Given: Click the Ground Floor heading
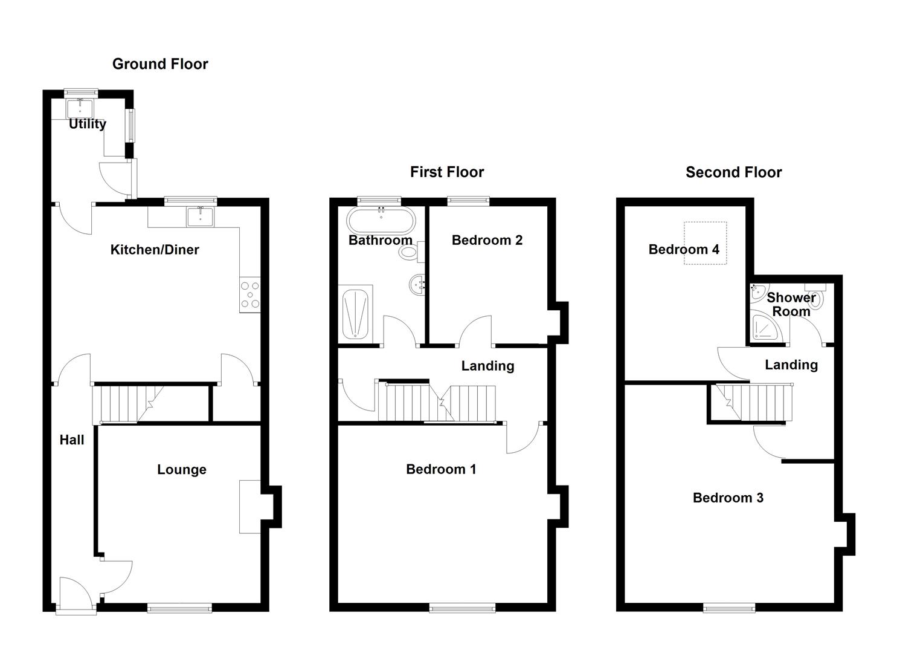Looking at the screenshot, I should (x=160, y=64).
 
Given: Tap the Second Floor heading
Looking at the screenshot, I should (x=733, y=172).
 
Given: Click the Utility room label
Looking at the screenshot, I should (x=88, y=124).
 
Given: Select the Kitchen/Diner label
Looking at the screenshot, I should (x=155, y=250).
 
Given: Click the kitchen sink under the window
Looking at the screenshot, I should (x=199, y=216).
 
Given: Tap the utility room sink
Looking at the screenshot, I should (x=80, y=108).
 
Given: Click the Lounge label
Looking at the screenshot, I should (x=182, y=470).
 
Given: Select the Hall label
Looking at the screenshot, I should (x=72, y=440).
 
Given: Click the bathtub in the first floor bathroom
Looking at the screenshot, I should (x=381, y=221).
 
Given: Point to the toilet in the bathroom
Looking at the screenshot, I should (x=409, y=252).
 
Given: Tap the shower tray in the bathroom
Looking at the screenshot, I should (x=355, y=314).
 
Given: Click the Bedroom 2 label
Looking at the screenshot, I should (x=487, y=240).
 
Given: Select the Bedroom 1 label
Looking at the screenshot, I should (x=441, y=469).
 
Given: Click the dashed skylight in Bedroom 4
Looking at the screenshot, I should (x=705, y=243).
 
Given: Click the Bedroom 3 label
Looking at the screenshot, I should (x=728, y=498).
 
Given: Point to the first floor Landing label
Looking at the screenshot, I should (x=487, y=366).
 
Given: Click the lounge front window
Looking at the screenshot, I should (x=179, y=608).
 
